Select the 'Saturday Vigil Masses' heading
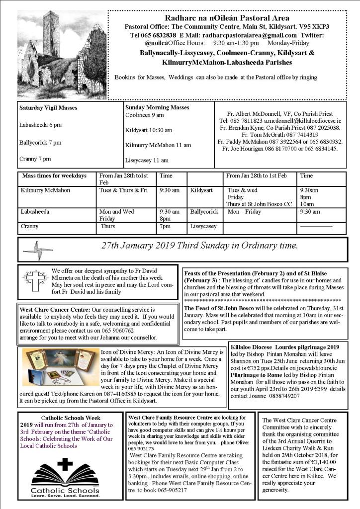(48, 107)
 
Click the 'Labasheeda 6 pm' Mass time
(40, 125)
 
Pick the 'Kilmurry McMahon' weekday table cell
(45, 190)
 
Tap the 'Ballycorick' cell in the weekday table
(204, 211)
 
